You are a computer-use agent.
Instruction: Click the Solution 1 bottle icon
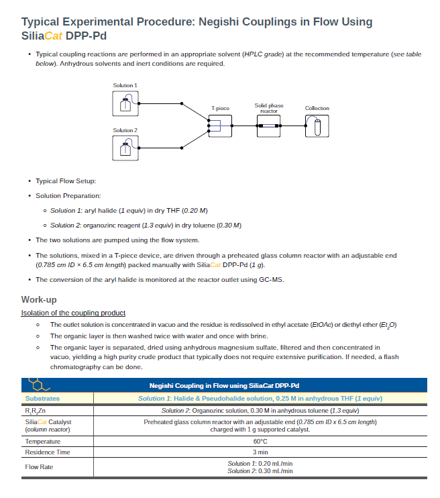click(x=125, y=103)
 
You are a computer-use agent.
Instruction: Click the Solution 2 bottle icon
click(x=125, y=148)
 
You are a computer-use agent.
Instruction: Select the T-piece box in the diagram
click(x=220, y=126)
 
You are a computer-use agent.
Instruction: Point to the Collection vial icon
click(x=317, y=126)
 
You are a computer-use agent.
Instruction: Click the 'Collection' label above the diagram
click(x=317, y=108)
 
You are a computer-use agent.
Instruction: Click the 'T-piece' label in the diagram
click(x=220, y=108)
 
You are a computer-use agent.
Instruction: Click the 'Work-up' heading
click(x=39, y=299)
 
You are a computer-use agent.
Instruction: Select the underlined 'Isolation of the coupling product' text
click(x=73, y=313)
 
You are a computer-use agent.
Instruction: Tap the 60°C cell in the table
click(x=260, y=442)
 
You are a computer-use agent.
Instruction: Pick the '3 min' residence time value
click(x=260, y=452)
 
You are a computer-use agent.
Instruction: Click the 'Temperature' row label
click(x=43, y=442)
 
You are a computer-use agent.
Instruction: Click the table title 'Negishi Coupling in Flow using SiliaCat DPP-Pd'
click(x=224, y=386)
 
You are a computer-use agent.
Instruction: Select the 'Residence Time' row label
click(x=48, y=452)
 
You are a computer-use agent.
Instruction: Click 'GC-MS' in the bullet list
click(x=272, y=280)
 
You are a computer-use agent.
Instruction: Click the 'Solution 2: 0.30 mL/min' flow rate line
click(x=260, y=471)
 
